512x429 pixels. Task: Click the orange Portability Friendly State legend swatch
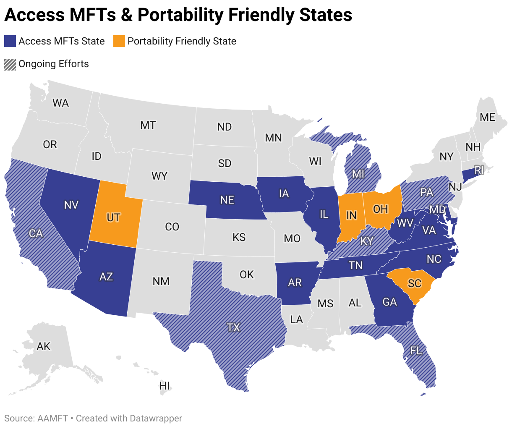point(119,41)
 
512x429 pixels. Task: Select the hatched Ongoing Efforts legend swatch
point(10,64)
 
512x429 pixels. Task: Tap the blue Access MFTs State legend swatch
point(10,41)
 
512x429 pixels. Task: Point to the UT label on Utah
point(113,217)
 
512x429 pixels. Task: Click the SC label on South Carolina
point(414,283)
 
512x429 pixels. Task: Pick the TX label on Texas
point(233,327)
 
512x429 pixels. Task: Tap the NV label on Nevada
point(71,205)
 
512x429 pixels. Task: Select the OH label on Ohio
point(380,209)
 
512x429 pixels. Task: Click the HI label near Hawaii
point(165,385)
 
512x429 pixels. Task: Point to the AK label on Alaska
point(44,346)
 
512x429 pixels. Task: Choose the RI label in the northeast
point(479,170)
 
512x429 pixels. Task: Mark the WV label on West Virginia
point(405,223)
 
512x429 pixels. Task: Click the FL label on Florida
point(416,350)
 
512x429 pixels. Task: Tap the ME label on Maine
point(487,117)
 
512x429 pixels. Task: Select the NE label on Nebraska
point(227,200)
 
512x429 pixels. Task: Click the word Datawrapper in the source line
point(156,419)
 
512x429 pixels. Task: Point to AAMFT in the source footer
point(52,419)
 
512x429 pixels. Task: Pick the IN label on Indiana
point(351,215)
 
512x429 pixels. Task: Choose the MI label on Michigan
point(358,173)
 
